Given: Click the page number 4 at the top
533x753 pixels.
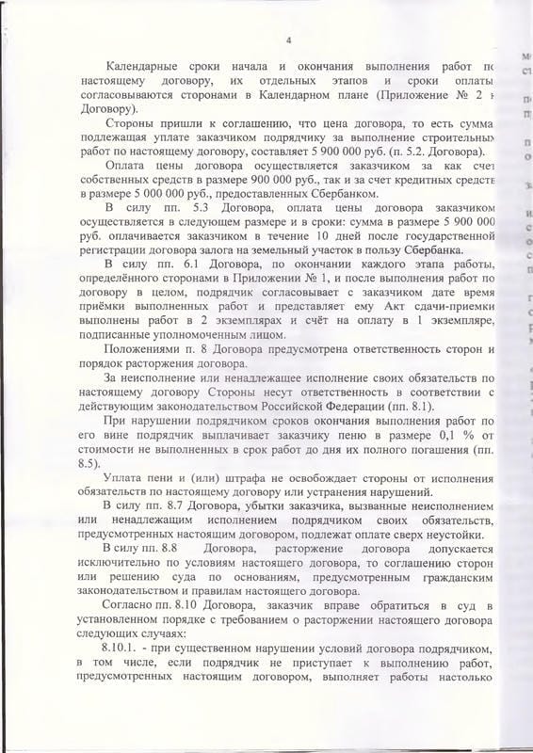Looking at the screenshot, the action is (288, 40).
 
